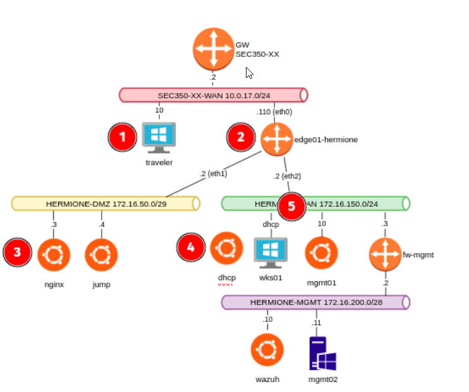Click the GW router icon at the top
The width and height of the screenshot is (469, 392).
point(214,49)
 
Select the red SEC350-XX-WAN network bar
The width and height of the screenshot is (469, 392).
point(213,95)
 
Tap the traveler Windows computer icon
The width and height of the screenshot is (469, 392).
point(159,137)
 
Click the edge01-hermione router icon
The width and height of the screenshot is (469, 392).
point(277,139)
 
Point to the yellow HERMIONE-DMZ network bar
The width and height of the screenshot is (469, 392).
point(106,204)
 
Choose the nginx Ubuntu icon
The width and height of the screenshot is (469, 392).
point(54,254)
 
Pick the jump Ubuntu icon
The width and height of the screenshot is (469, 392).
point(101,254)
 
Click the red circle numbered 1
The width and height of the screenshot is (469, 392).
point(123,138)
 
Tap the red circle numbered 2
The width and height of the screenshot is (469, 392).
point(241,138)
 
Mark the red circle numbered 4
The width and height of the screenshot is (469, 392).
point(192,248)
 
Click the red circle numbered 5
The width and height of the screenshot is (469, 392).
point(291,205)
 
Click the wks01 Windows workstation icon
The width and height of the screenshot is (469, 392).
point(271,252)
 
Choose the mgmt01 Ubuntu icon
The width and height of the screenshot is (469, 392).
point(321,253)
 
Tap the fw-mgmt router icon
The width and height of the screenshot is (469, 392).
point(386,254)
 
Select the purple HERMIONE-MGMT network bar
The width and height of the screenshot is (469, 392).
point(315,302)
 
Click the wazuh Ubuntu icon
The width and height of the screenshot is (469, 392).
point(267,350)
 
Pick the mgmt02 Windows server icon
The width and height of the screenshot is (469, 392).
point(322,353)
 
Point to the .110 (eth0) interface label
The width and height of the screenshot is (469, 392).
point(274,112)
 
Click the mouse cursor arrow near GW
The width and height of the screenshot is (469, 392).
point(249,73)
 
